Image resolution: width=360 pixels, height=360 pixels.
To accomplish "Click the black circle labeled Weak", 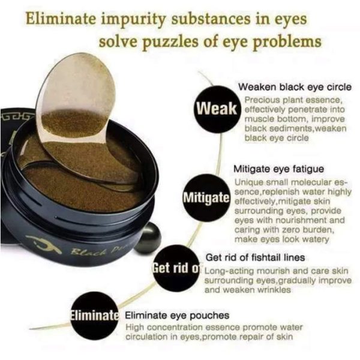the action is coord(217,109).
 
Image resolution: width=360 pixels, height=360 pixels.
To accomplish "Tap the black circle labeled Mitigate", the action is coord(206,197).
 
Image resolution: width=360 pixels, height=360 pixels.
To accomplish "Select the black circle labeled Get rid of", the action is coord(176,268).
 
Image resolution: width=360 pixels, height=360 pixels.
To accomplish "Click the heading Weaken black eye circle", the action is coord(295,87).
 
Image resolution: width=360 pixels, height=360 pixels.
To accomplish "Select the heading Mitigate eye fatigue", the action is coord(279,169).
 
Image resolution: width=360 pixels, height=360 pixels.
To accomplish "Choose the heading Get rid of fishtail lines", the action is coord(256,257).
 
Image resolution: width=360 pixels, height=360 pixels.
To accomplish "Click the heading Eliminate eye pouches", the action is coord(177,316).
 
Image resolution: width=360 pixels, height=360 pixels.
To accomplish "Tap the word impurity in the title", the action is coord(133,19).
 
